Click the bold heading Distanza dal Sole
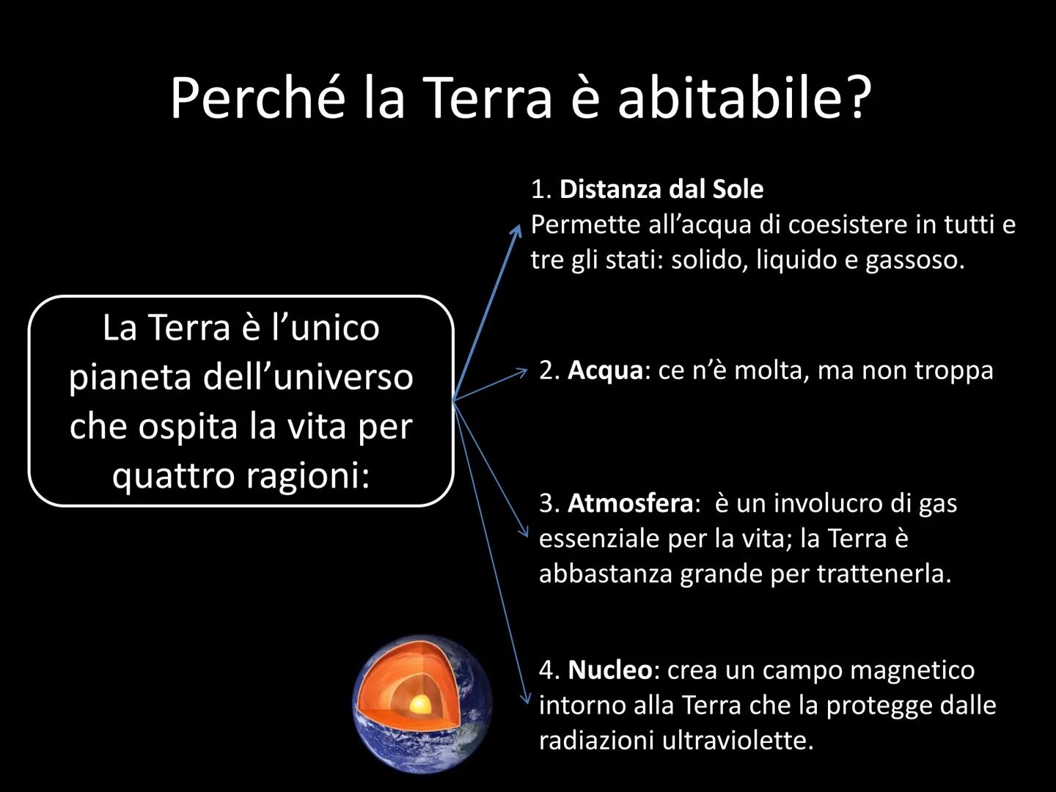coord(661,189)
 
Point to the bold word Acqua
coord(605,371)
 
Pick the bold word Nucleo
coord(610,670)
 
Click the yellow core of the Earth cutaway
coord(420,705)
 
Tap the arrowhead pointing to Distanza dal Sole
coord(517,230)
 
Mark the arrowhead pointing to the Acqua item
coord(522,372)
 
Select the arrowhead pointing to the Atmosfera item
coord(524,533)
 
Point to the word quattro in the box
coord(173,476)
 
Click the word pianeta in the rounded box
coord(130,378)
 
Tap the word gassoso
coord(915,261)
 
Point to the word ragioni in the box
coord(309,476)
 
